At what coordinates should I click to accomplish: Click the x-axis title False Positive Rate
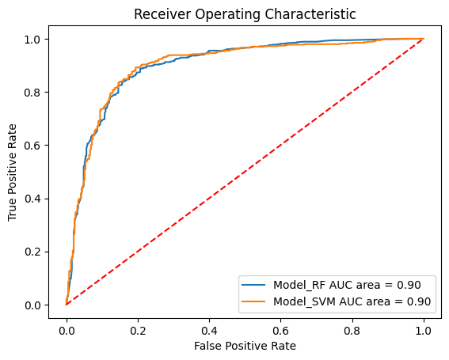(245, 346)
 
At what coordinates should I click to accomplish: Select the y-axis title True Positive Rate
(13, 172)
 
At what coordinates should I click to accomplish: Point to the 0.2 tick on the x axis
(138, 324)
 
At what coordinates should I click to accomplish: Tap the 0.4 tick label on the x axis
(209, 324)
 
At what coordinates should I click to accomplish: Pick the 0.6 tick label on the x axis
(281, 324)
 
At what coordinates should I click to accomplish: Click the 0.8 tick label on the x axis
(352, 324)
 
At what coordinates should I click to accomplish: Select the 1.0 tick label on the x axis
(424, 324)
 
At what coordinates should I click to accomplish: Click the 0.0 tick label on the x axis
(67, 324)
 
